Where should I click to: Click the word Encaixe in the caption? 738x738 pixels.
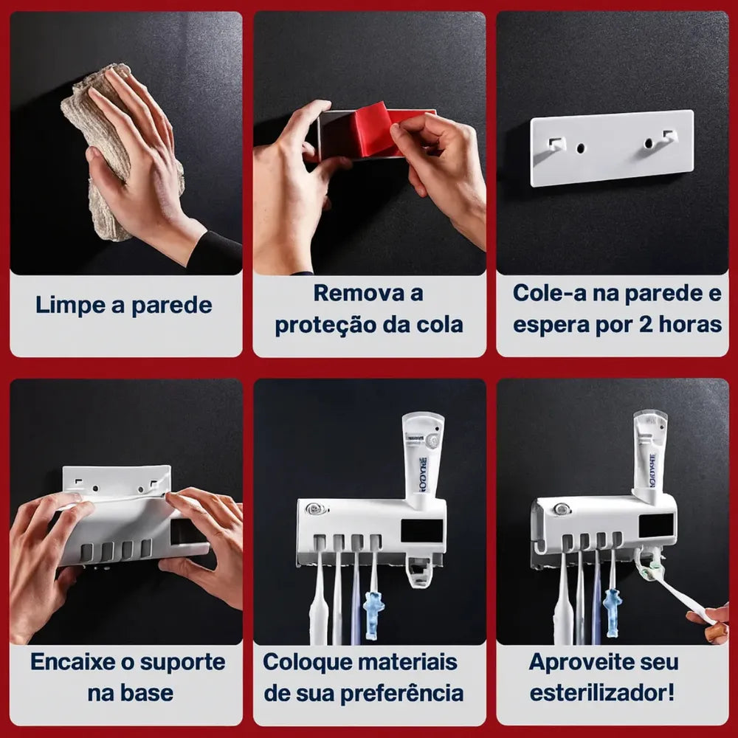[x=72, y=662]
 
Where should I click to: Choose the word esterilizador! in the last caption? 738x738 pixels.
[x=602, y=693]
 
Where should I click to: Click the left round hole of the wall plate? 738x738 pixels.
[x=580, y=148]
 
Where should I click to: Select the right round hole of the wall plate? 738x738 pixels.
[x=649, y=142]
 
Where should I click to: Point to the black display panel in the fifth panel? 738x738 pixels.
[x=421, y=531]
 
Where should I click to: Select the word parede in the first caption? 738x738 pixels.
[x=172, y=306]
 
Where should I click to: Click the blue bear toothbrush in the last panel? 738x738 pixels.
[x=612, y=612]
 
